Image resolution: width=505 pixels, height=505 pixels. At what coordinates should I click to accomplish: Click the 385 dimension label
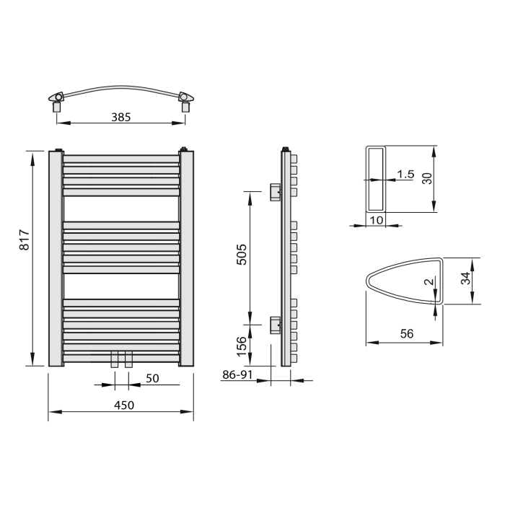(x=120, y=117)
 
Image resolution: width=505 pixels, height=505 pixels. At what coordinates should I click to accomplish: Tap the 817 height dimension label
(x=25, y=240)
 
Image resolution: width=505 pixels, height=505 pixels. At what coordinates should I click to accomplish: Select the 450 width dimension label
(x=124, y=405)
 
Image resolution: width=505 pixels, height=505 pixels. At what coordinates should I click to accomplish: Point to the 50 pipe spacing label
(x=152, y=378)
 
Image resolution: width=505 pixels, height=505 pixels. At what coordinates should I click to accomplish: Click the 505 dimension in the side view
(x=242, y=255)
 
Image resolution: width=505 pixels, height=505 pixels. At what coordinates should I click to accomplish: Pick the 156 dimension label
(x=242, y=346)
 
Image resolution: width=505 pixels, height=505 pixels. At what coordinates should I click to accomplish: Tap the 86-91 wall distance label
(x=237, y=374)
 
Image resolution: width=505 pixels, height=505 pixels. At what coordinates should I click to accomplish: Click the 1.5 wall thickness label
(x=405, y=175)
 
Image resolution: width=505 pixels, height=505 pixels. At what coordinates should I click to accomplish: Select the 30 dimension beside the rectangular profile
(x=427, y=178)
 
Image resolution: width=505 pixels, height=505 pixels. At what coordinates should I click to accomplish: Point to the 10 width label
(x=376, y=220)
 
